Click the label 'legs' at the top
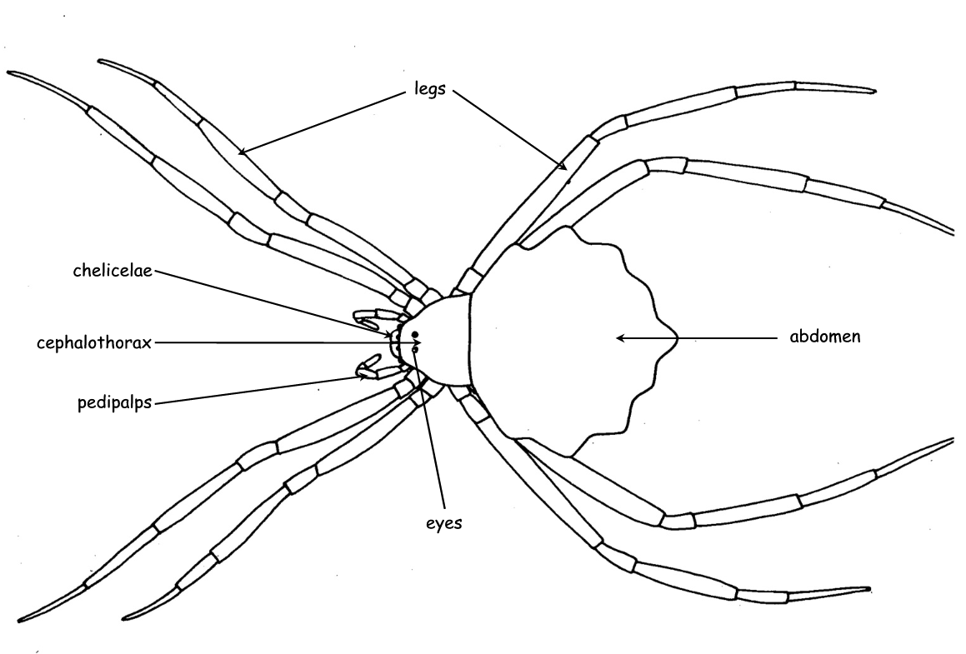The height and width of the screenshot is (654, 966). pos(429,89)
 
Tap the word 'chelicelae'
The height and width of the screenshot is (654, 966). pos(113,270)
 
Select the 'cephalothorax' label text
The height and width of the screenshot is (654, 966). pos(93,343)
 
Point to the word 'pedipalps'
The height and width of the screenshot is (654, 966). pos(114,402)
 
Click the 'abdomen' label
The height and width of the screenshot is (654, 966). pos(825,337)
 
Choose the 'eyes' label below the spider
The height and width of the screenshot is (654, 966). pos(443,523)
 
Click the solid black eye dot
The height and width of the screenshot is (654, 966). pos(415,335)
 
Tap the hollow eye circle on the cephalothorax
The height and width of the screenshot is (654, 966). pos(414,350)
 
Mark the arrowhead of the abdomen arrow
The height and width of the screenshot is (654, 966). pos(621,337)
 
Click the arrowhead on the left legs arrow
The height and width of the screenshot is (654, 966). pos(242,151)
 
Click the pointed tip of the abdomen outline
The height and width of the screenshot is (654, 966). pos(678,337)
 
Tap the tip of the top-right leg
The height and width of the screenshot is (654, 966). pos(875,92)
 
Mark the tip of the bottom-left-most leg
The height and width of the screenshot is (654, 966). pos(19,620)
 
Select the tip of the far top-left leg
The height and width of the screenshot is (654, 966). pos(8,73)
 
